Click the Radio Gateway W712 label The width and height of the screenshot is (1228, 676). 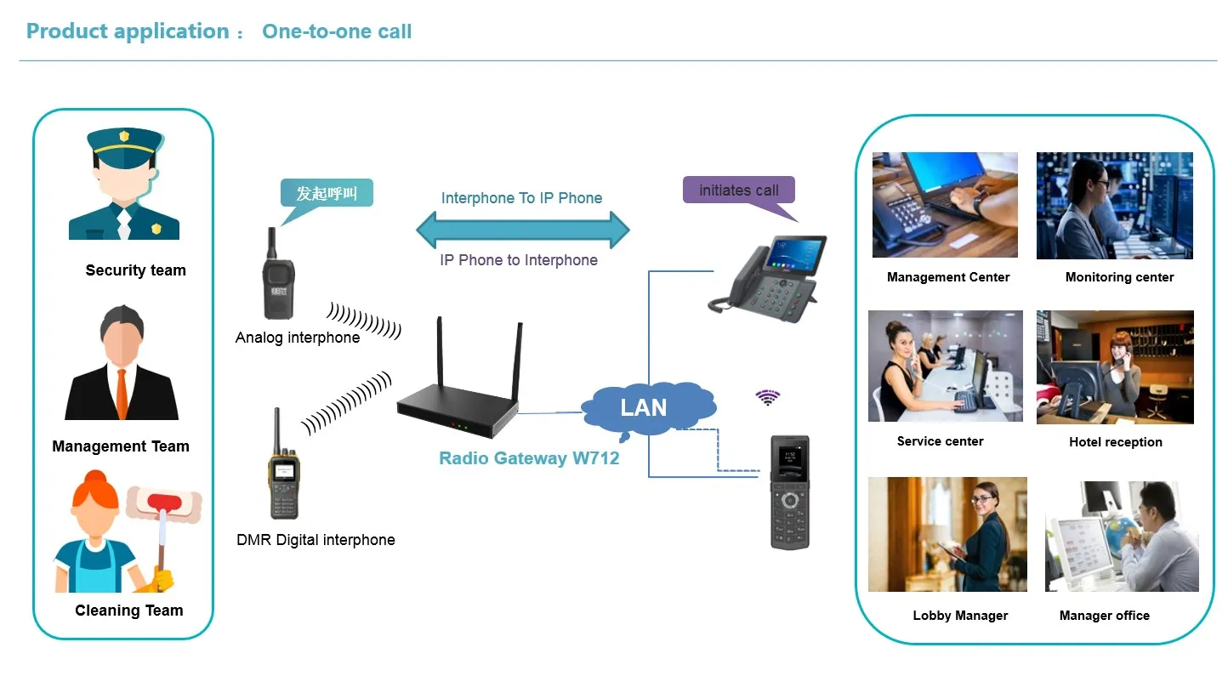tap(529, 458)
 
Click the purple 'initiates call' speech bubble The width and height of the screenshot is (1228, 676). tap(738, 190)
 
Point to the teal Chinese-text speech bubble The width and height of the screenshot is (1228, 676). tap(327, 195)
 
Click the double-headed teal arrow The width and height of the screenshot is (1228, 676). tap(522, 230)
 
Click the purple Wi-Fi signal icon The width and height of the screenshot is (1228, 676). tap(768, 397)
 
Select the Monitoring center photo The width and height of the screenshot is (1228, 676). tap(1114, 206)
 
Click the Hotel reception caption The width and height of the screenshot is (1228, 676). tap(1115, 442)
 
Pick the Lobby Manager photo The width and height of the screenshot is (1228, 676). tap(947, 534)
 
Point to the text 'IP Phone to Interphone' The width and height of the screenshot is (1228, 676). tap(519, 260)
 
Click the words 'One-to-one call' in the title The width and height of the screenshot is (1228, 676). tap(337, 32)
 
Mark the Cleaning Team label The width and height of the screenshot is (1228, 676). tap(129, 611)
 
